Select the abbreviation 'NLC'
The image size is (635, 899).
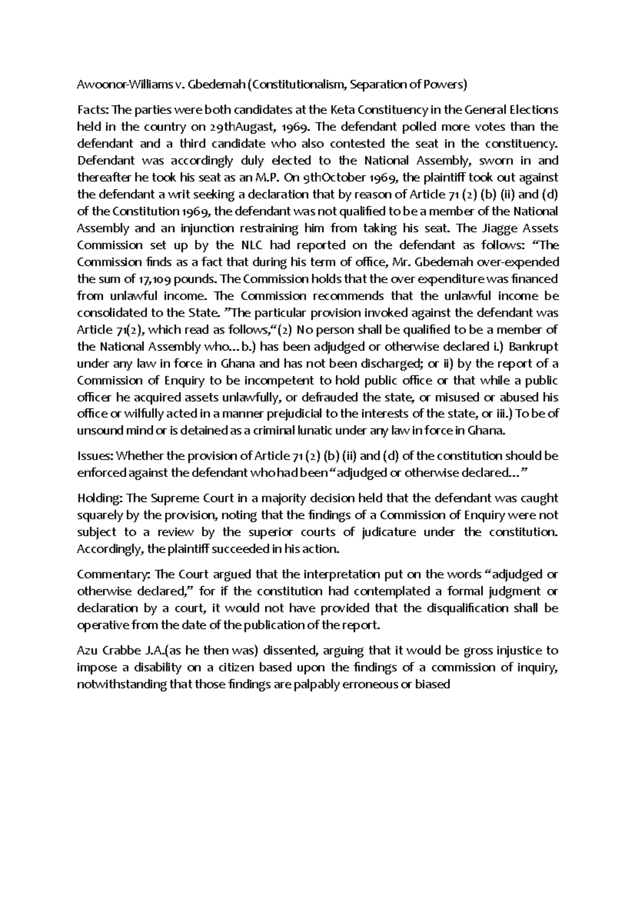pyautogui.click(x=253, y=245)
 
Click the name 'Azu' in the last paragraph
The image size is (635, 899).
pyautogui.click(x=87, y=651)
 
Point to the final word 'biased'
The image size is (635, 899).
pyautogui.click(x=432, y=685)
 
